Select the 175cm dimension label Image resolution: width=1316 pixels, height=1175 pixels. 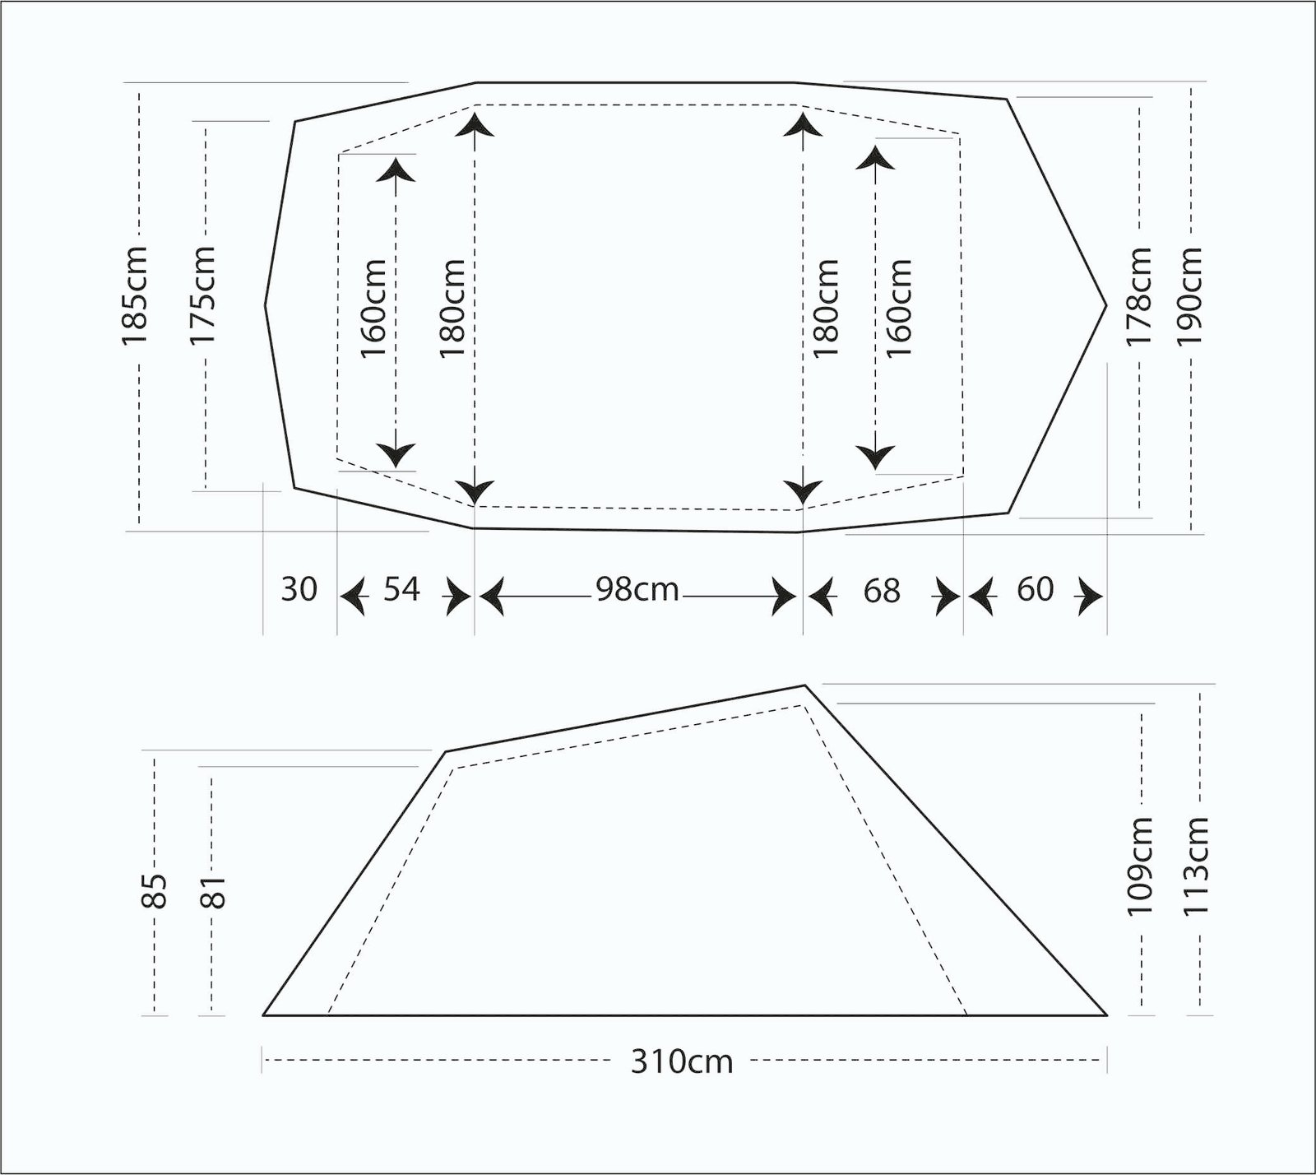202,295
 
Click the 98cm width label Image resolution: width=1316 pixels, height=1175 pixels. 637,589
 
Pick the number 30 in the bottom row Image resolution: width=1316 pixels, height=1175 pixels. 299,589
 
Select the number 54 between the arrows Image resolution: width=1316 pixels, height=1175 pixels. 401,589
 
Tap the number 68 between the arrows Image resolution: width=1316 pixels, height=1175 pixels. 882,590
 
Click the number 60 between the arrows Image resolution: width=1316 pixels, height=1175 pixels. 1035,589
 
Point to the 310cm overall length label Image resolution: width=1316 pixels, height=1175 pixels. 682,1061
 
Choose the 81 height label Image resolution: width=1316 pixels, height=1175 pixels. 212,890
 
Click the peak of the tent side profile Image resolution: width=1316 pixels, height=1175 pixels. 805,685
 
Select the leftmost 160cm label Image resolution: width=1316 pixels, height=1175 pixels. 373,306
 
